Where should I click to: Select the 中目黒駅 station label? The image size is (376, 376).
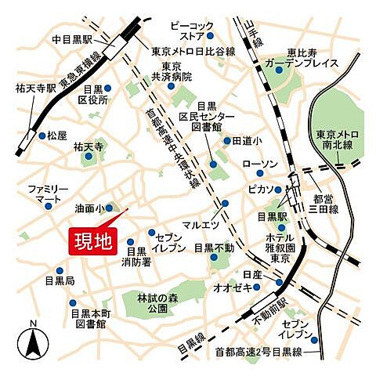[x=73, y=38]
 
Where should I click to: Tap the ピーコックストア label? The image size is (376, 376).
[x=190, y=30]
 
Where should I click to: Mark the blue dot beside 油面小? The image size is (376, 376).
[x=110, y=208]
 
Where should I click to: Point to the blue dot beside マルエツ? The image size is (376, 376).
[x=226, y=204]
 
